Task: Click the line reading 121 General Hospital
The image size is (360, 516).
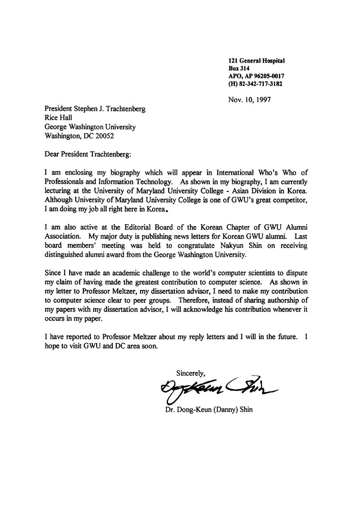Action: [x=256, y=61]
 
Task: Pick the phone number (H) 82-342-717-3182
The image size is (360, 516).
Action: [x=255, y=84]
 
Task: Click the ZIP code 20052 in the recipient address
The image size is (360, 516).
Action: [x=103, y=136]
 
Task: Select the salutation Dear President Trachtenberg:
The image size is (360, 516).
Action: [x=87, y=154]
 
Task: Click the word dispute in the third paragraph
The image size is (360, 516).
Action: [x=296, y=272]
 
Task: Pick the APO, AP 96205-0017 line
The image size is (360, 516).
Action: [x=256, y=76]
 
